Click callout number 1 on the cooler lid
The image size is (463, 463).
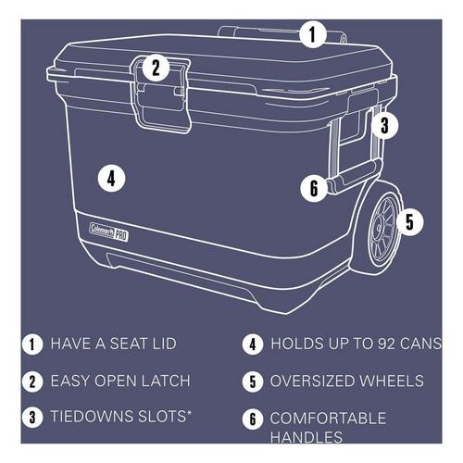[x=312, y=35]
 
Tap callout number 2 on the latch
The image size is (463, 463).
[x=156, y=67]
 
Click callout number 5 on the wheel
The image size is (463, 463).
[x=412, y=221]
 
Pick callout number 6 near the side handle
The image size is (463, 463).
[x=313, y=189]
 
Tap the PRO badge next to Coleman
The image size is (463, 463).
[x=120, y=233]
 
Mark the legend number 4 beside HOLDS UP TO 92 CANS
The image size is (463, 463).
[x=251, y=343]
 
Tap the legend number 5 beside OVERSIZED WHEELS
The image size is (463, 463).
[x=251, y=381]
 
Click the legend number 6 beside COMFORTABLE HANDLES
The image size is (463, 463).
[x=251, y=418]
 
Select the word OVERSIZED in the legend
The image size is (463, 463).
[x=310, y=381]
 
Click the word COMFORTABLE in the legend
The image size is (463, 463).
[x=326, y=418]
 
